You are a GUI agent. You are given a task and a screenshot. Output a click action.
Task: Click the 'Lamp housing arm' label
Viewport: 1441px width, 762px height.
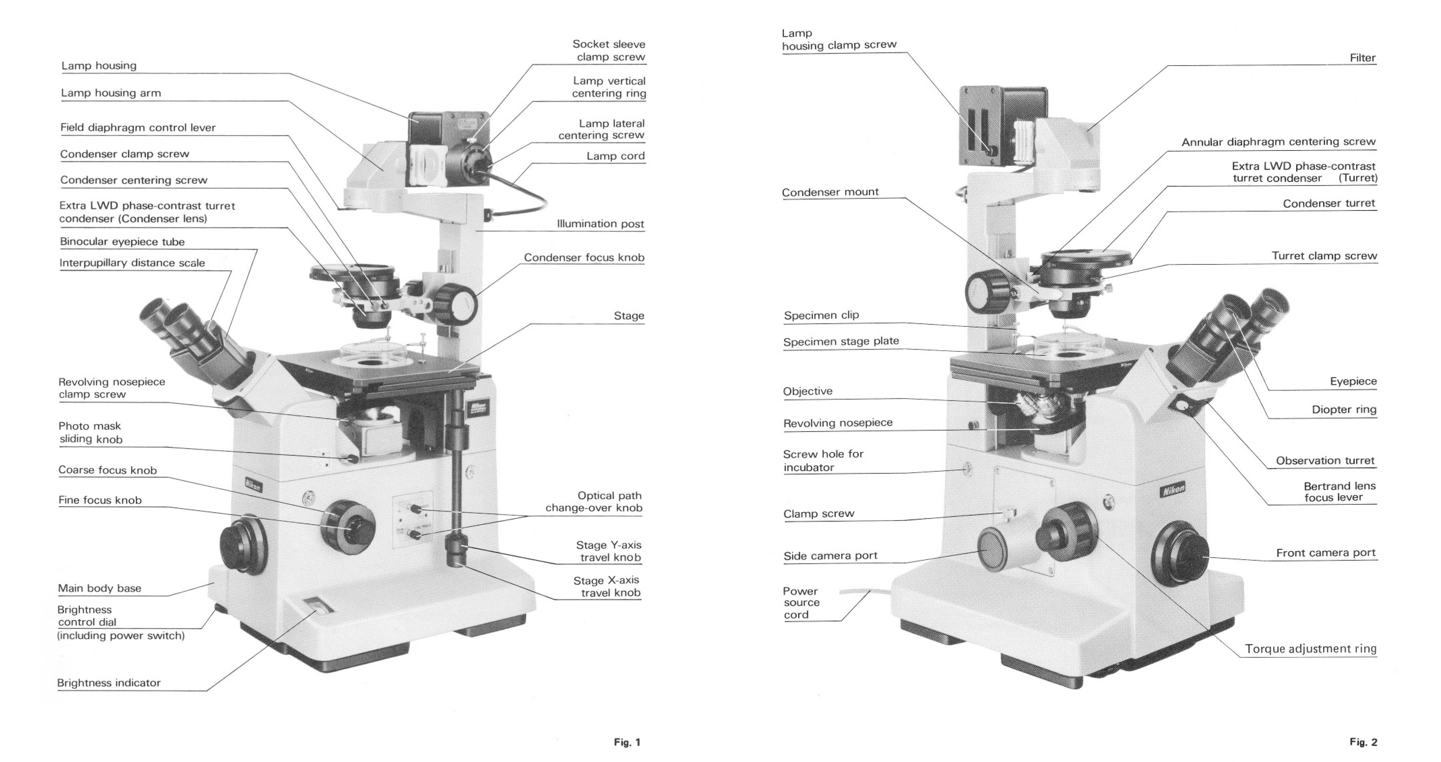pos(111,93)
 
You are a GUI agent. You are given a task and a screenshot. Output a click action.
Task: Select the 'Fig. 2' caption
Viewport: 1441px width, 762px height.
pos(1363,742)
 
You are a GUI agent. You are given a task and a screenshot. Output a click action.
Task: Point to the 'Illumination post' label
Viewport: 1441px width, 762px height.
pos(600,224)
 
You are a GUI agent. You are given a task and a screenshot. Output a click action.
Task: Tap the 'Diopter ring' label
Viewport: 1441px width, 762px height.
pos(1344,410)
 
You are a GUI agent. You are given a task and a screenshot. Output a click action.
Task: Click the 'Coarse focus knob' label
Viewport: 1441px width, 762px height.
pos(108,470)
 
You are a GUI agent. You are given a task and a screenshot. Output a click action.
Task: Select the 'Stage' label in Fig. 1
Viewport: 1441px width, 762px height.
pos(629,315)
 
